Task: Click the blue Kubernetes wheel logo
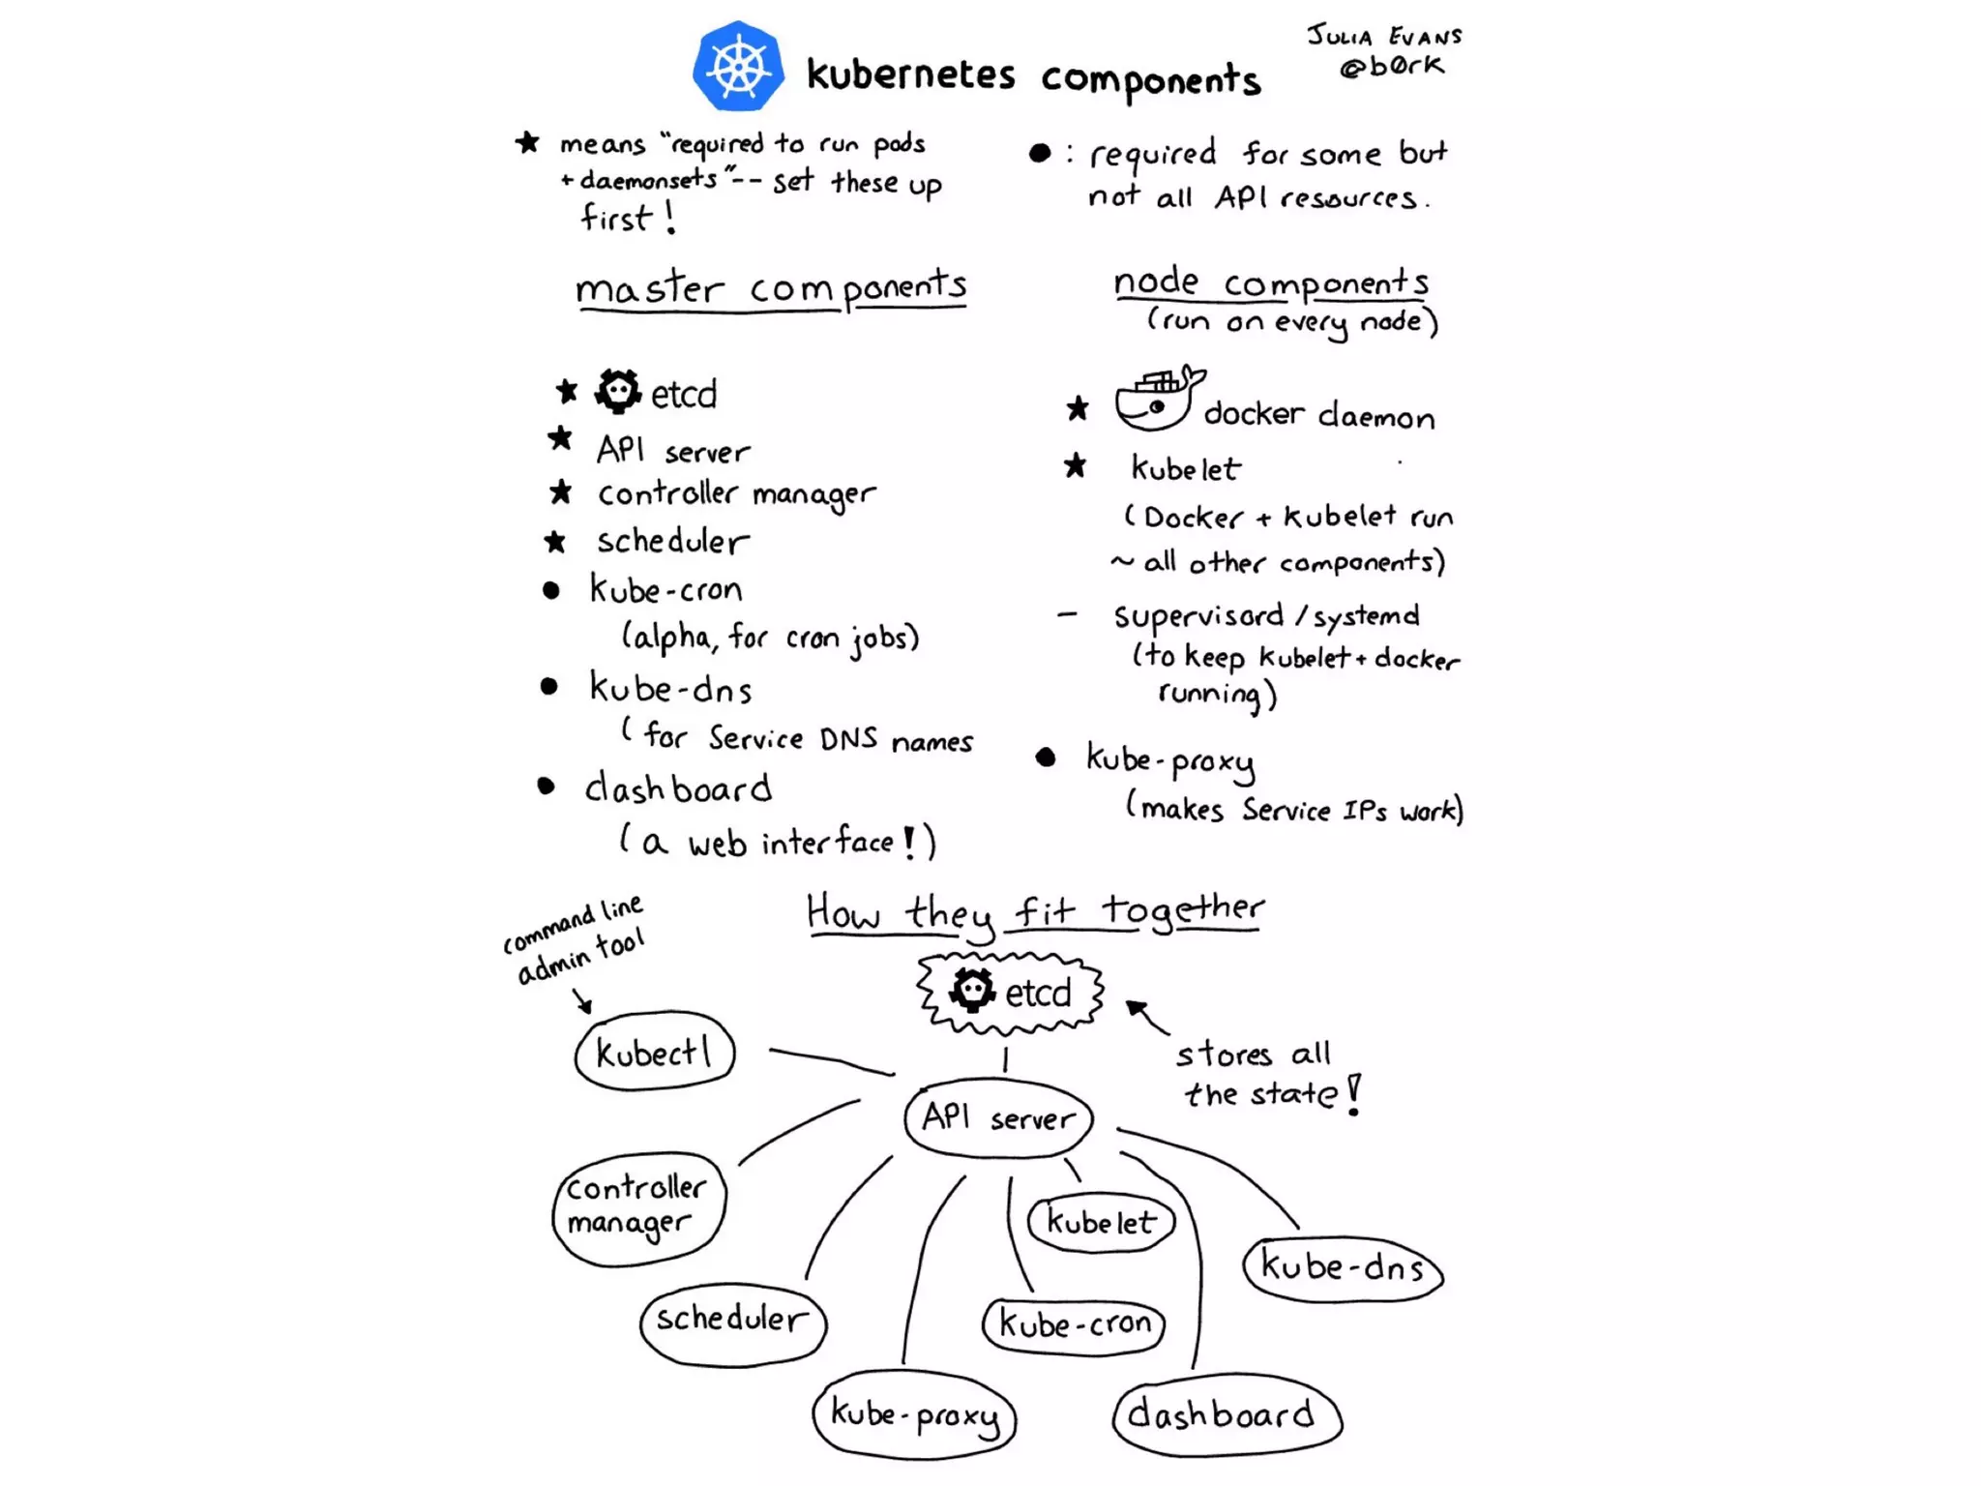click(738, 67)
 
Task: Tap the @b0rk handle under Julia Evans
click(1391, 66)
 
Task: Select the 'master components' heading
click(770, 287)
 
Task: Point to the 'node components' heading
click(1270, 282)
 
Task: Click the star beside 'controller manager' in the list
click(560, 491)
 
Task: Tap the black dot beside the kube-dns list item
click(548, 687)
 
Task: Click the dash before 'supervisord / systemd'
click(1067, 614)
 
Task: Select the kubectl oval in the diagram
click(655, 1052)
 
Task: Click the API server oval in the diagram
click(998, 1117)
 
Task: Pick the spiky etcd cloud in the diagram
click(1010, 993)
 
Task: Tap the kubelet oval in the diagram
click(1101, 1223)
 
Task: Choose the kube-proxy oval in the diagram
click(914, 1414)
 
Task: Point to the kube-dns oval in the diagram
click(1343, 1267)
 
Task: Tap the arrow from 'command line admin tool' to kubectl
click(582, 1000)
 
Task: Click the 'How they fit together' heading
click(1035, 910)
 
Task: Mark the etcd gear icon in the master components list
click(617, 392)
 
